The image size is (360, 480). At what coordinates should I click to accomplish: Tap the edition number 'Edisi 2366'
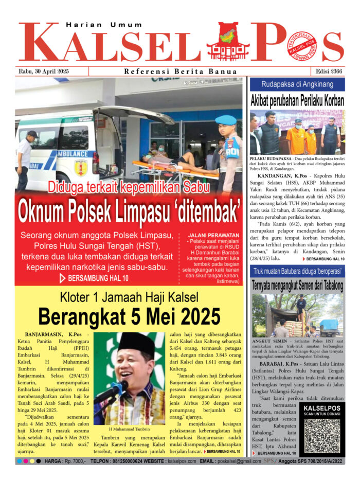[x=327, y=72]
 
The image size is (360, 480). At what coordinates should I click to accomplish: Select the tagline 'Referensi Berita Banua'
[x=181, y=72]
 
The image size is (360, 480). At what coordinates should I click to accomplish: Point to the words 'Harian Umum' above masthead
[x=92, y=25]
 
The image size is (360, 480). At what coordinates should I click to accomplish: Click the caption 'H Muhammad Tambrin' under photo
[x=129, y=429]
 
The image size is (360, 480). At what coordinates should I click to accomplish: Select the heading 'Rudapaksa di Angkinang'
[x=296, y=84]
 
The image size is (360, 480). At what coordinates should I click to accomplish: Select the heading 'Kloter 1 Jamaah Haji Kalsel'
[x=129, y=297]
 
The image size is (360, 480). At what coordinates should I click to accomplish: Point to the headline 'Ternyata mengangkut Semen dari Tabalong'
[x=297, y=285]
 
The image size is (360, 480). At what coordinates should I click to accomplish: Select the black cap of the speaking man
[x=136, y=343]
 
